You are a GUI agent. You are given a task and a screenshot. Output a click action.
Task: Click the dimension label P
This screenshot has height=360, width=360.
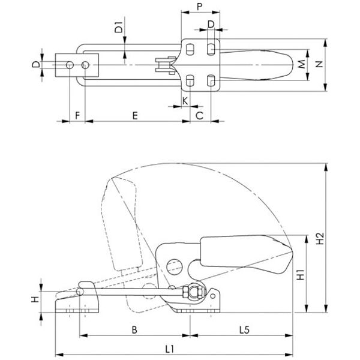tap(200, 7)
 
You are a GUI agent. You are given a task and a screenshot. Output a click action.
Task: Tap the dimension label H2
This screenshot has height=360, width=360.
tap(320, 239)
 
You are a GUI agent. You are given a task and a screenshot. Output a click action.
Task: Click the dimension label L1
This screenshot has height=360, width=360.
tap(170, 349)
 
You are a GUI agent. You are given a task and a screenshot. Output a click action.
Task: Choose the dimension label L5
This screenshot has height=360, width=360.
tap(244, 330)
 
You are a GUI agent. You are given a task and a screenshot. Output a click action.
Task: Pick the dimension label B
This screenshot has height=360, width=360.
tap(134, 330)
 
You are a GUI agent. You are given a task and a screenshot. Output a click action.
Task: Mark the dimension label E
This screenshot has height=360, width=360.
tap(135, 115)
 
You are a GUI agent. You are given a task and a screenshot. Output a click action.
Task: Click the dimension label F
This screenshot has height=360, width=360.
tap(77, 115)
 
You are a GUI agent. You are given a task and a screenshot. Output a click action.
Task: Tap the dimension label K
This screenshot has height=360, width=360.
tap(185, 101)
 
